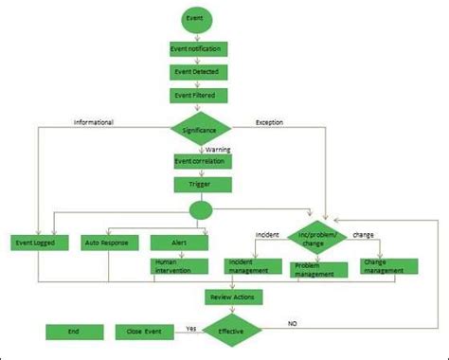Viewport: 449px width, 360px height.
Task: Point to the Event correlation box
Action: coord(199,162)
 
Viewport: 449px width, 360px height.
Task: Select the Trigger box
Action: coord(199,185)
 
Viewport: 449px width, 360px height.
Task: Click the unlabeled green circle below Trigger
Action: coord(200,210)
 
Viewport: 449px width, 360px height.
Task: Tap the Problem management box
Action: coord(318,270)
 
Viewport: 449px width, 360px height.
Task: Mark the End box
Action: coord(74,332)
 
